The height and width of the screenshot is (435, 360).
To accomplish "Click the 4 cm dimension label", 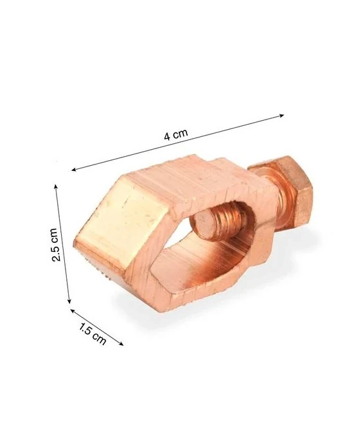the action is [x=176, y=134].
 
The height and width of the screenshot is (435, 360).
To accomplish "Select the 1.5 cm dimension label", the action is [x=93, y=335].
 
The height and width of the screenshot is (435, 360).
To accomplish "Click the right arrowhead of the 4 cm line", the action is [x=282, y=115].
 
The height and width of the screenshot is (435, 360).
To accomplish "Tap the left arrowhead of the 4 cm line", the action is [x=74, y=169].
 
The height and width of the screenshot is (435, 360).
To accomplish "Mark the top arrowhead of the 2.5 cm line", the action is [x=57, y=187].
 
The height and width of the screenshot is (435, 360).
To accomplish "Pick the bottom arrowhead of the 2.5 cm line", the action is [x=69, y=301].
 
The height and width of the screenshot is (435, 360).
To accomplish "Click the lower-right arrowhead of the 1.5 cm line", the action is [x=122, y=344].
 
